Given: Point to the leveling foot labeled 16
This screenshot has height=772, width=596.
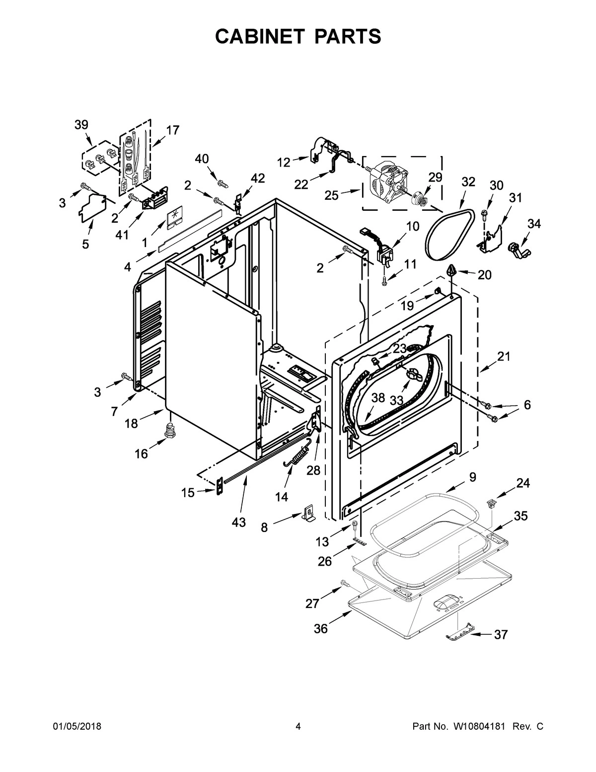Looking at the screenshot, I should tap(171, 431).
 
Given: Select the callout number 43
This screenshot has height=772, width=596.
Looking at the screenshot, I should tap(238, 522).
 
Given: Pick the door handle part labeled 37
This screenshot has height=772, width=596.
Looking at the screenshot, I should tap(458, 633).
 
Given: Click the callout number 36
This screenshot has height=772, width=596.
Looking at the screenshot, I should tap(321, 628).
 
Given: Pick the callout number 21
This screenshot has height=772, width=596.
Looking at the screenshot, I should tap(504, 356).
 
